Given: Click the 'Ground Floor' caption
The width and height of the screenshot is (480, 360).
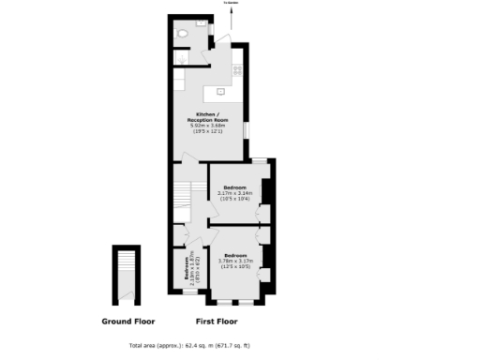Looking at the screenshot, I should tap(121, 321).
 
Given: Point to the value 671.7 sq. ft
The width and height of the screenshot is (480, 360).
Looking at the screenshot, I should tap(232, 346).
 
